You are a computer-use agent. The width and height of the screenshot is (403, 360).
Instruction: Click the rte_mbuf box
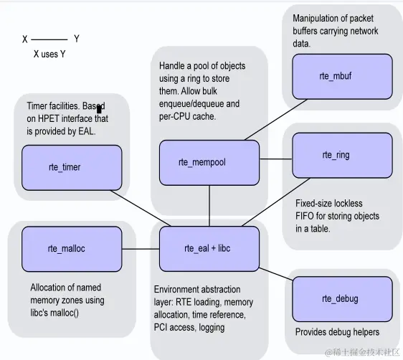[x=342, y=75]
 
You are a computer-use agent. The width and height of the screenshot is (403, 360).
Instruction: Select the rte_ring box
[x=342, y=155]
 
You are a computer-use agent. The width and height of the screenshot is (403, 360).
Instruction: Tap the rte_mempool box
[x=208, y=162]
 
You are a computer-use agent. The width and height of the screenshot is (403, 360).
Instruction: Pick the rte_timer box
[x=65, y=167]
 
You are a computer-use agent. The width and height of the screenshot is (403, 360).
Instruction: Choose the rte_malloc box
[x=66, y=249]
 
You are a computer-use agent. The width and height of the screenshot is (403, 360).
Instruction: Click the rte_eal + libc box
[x=208, y=249]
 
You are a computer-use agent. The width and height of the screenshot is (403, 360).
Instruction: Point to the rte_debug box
[x=342, y=298]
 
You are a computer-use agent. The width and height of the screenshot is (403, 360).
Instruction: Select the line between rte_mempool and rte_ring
[x=275, y=160]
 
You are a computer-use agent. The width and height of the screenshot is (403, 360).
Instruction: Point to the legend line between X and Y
[x=49, y=39]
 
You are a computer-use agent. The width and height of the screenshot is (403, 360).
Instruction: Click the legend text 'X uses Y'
[x=49, y=55]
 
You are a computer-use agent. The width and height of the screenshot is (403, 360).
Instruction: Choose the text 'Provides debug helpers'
[x=337, y=332]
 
